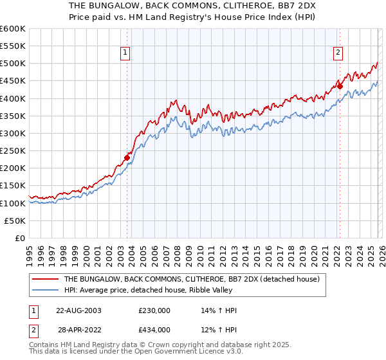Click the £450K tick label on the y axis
[x=12, y=81]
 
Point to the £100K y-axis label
[x=12, y=203]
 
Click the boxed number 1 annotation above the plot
[x=125, y=53]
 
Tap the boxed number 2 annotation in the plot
[x=338, y=53]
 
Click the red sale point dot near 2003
[x=127, y=157]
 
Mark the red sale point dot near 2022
[x=340, y=87]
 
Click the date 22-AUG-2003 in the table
[x=78, y=310]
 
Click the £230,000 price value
[x=154, y=310]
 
